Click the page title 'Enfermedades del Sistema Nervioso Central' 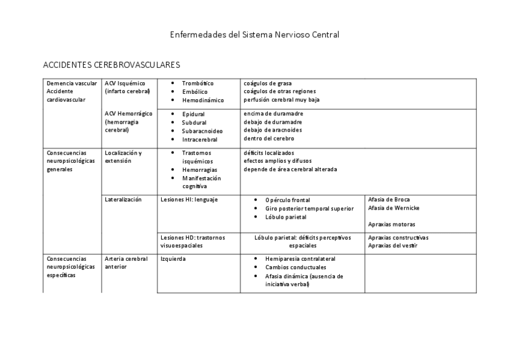point(254,35)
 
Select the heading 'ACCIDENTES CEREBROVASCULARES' point(112,64)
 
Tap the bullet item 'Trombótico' point(197,83)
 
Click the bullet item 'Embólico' point(194,91)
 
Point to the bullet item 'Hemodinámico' point(203,100)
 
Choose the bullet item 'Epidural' point(193,114)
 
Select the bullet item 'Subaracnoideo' point(202,130)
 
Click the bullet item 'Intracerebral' point(200,139)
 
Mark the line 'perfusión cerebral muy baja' point(281,100)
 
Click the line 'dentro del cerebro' point(269,138)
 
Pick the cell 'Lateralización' point(123,200)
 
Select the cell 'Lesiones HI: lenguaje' point(189,200)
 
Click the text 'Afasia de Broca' point(389,199)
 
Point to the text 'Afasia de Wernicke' point(394,208)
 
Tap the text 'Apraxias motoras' point(391,224)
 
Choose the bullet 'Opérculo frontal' point(287,200)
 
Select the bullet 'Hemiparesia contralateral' point(300,258)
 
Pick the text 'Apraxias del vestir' point(393,245)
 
